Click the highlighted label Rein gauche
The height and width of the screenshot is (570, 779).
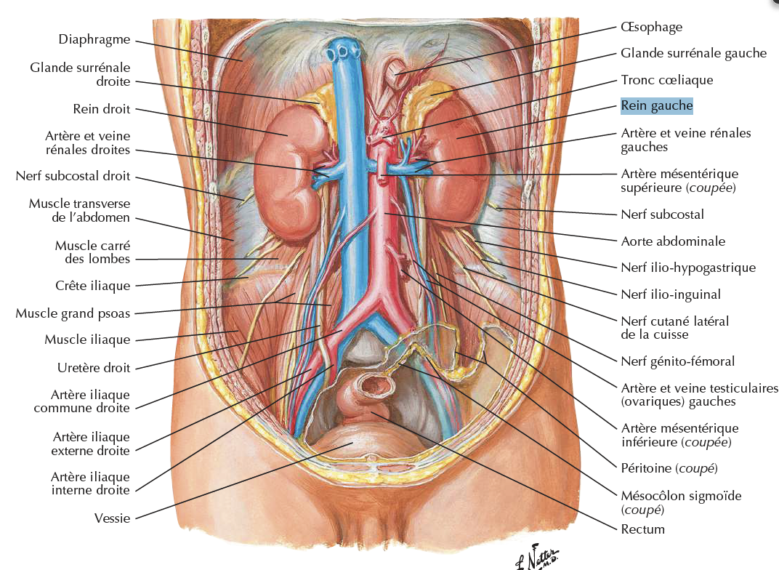[x=657, y=106]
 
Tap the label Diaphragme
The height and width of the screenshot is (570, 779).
[x=94, y=39]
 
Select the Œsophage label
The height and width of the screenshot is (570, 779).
[x=652, y=27]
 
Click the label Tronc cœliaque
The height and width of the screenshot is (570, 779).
[x=667, y=80]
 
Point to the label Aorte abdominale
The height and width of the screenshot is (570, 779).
[x=673, y=241]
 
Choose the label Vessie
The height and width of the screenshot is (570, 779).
[x=112, y=518]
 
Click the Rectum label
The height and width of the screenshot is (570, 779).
[x=642, y=529]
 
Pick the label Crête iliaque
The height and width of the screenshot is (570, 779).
[x=92, y=286]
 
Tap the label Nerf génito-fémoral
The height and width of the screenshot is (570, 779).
[x=678, y=361]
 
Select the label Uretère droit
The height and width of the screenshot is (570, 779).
[x=94, y=368]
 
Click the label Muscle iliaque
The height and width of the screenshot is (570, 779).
[x=87, y=340]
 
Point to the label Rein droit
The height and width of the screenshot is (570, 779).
[x=102, y=109]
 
